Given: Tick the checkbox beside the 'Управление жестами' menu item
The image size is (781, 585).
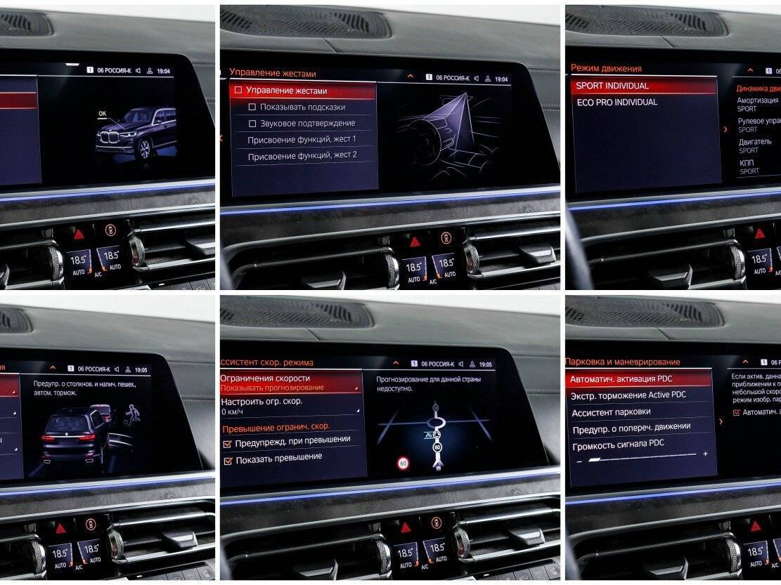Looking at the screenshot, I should click(x=238, y=91).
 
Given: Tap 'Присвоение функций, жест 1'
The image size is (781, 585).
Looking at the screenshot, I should click(x=302, y=139).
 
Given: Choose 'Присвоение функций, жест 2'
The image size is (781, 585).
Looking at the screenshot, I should click(x=302, y=155).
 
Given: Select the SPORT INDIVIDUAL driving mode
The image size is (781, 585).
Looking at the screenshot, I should click(x=612, y=86).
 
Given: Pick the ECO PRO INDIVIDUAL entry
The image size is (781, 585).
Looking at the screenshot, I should click(x=617, y=103).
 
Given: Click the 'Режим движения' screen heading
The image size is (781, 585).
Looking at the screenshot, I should click(x=606, y=68).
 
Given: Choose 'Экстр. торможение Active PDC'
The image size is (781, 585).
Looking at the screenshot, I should click(x=628, y=395).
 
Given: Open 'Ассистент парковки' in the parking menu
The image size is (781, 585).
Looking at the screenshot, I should click(x=611, y=412).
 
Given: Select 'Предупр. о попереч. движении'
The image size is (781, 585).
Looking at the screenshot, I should click(x=631, y=427).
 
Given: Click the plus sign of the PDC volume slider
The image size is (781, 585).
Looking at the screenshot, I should click(x=705, y=454).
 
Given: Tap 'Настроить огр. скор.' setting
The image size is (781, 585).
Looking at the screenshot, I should click(x=262, y=402).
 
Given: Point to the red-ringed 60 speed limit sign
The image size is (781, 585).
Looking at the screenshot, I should click(x=403, y=463).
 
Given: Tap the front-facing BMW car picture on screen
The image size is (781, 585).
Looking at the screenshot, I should click(x=136, y=133).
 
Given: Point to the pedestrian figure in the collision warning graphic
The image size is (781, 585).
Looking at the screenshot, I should click(x=131, y=414).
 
